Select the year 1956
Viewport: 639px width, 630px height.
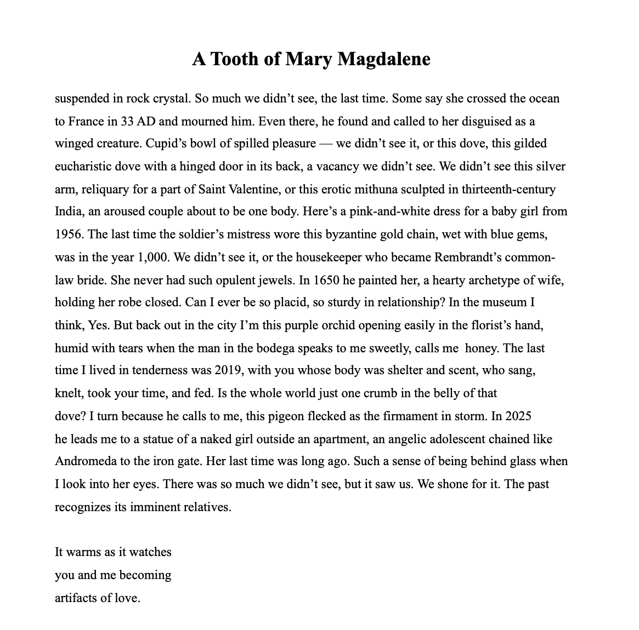click(68, 234)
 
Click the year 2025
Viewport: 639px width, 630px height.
click(518, 416)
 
